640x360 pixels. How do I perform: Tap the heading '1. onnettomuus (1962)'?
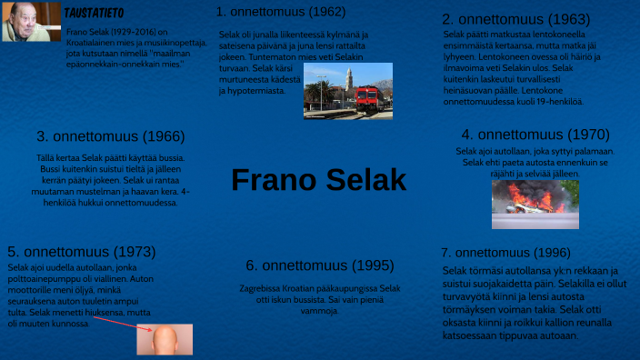281,12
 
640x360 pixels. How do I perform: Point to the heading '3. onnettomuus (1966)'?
111,136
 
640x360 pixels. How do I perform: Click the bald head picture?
164,338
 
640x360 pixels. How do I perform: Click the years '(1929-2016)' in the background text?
135,32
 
